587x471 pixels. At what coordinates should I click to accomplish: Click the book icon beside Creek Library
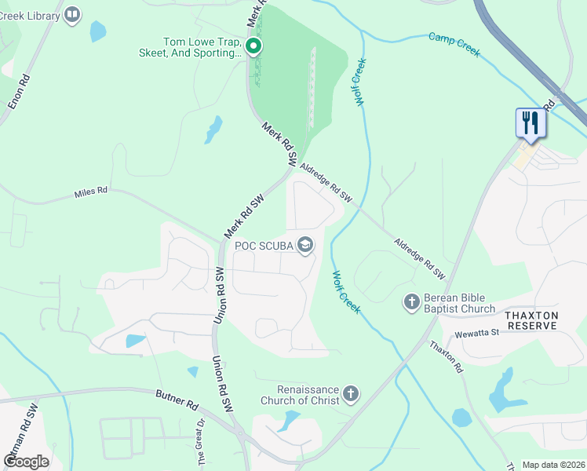(72, 14)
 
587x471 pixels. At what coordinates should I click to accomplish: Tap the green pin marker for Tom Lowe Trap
(253, 47)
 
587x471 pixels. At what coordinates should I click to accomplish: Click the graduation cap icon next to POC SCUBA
(304, 246)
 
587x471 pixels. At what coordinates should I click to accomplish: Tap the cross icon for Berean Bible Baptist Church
(411, 302)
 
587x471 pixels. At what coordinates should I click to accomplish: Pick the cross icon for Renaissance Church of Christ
(350, 394)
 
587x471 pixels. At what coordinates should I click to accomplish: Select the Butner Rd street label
(177, 403)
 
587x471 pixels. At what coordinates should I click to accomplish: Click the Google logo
(26, 462)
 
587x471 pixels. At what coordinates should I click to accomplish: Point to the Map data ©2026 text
(553, 465)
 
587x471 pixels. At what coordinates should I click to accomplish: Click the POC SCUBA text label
(264, 246)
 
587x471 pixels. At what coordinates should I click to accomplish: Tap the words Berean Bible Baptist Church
(459, 303)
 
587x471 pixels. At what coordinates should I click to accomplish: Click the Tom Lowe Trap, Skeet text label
(202, 47)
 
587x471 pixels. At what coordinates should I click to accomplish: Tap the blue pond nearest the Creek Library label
(97, 31)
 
